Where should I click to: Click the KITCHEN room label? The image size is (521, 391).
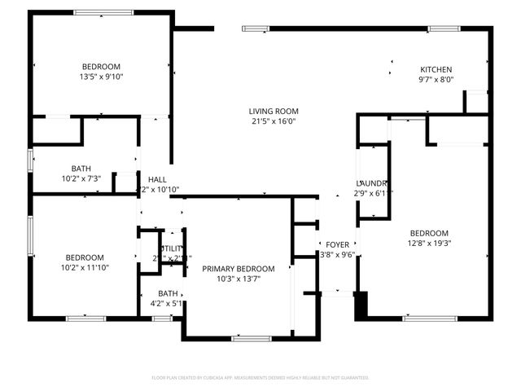(436, 69)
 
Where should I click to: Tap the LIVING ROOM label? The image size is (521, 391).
(274, 111)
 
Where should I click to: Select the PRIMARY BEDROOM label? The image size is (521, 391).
(239, 269)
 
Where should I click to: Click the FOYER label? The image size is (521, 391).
(338, 244)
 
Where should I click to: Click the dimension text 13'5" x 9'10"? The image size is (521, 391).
(101, 77)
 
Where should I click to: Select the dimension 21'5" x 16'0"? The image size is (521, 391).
(274, 121)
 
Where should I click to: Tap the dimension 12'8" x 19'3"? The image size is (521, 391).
(428, 243)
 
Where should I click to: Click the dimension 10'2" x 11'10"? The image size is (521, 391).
(85, 266)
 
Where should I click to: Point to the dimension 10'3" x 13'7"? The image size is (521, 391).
(239, 279)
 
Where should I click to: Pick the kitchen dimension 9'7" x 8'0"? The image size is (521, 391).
(436, 80)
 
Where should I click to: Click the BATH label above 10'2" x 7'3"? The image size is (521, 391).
(81, 169)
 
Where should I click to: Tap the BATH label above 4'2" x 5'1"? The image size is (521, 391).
(168, 293)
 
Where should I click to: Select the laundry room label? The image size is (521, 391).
(370, 183)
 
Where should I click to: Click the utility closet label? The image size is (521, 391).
(172, 248)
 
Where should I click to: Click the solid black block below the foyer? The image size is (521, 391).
(361, 305)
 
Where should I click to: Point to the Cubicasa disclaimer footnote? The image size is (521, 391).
(260, 378)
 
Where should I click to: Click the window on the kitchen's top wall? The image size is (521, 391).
(444, 29)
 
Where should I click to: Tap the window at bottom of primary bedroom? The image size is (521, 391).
(252, 337)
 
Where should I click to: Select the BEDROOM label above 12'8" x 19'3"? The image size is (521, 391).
(428, 232)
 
